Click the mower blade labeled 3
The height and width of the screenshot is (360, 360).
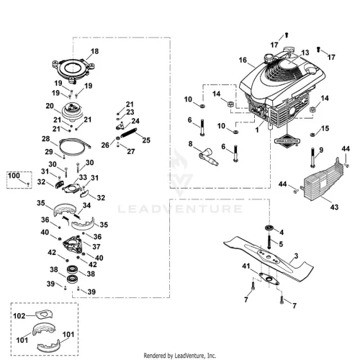269,258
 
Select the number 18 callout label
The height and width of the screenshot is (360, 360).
94,51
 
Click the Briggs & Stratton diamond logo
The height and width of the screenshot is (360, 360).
287,140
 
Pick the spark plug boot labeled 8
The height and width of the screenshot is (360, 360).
208,157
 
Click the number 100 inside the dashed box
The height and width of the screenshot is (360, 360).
14,176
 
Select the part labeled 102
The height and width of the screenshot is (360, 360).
44,315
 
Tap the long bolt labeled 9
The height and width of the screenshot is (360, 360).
312,158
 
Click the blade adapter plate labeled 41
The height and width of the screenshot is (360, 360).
269,279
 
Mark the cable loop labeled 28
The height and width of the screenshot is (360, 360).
74,146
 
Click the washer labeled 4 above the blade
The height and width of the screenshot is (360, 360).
269,228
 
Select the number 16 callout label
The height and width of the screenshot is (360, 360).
243,60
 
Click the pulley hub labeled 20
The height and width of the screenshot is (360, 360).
72,112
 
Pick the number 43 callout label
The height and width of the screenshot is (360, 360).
334,207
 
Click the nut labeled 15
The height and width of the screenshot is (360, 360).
312,135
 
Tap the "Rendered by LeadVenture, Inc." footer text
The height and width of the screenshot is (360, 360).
180,356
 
